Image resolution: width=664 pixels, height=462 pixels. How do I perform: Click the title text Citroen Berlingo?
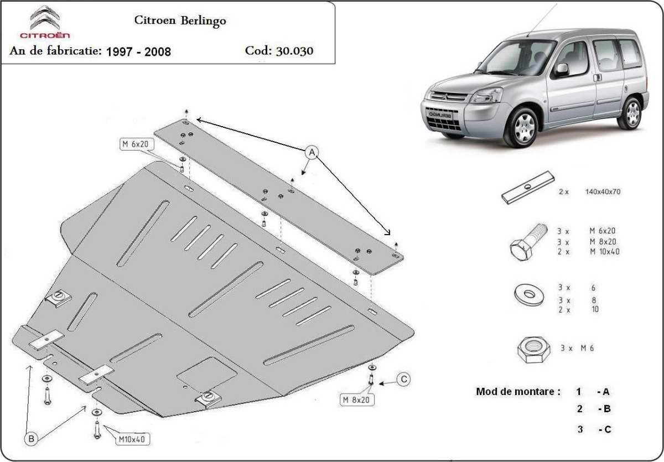pyautogui.click(x=180, y=20)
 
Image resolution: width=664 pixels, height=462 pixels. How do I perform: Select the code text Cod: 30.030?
pyautogui.click(x=279, y=51)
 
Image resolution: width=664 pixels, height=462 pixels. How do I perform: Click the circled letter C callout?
pyautogui.click(x=404, y=379)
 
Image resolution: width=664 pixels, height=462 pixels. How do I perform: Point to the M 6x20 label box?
pyautogui.click(x=137, y=145)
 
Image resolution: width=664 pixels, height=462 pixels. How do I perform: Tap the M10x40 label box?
pyautogui.click(x=132, y=440)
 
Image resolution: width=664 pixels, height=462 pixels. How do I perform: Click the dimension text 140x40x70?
pyautogui.click(x=603, y=192)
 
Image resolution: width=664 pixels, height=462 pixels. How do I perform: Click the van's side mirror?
pyautogui.click(x=562, y=70)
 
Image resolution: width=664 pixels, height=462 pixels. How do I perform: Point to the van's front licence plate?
pyautogui.click(x=440, y=116)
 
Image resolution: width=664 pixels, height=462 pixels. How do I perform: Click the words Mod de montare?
pyautogui.click(x=515, y=392)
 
